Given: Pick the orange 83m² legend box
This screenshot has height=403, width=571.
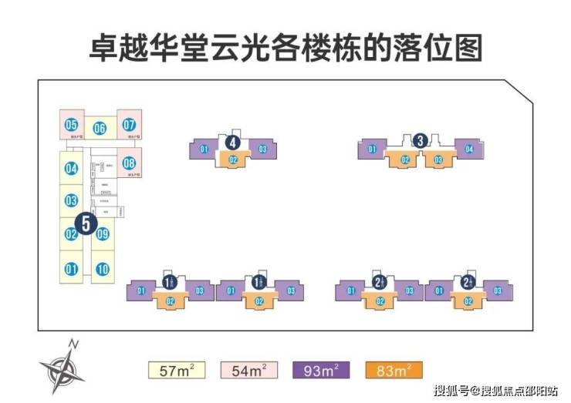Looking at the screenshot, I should point(394,370).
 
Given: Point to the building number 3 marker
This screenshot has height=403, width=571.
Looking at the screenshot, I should point(420,140).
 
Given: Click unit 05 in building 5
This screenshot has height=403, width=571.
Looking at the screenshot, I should point(72,124).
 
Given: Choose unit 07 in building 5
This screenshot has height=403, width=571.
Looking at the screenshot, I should point(129,124).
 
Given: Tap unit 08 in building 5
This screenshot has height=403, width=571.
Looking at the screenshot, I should point(129,163).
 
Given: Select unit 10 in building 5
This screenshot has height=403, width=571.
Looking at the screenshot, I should point(102,269).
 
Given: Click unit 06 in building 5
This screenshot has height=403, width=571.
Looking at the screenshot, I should point(100,129).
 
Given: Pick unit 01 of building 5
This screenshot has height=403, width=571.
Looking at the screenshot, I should point(72,269).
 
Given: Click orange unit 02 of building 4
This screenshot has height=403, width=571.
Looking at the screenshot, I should point(232,160).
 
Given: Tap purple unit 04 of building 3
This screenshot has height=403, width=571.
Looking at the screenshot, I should point(469,149).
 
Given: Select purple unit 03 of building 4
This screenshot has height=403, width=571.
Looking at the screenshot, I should point(262,149).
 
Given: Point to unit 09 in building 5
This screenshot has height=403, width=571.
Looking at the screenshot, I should point(102,234).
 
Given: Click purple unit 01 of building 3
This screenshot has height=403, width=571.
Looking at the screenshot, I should point(371,149).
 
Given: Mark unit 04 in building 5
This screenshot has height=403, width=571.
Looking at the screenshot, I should point(72,169).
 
